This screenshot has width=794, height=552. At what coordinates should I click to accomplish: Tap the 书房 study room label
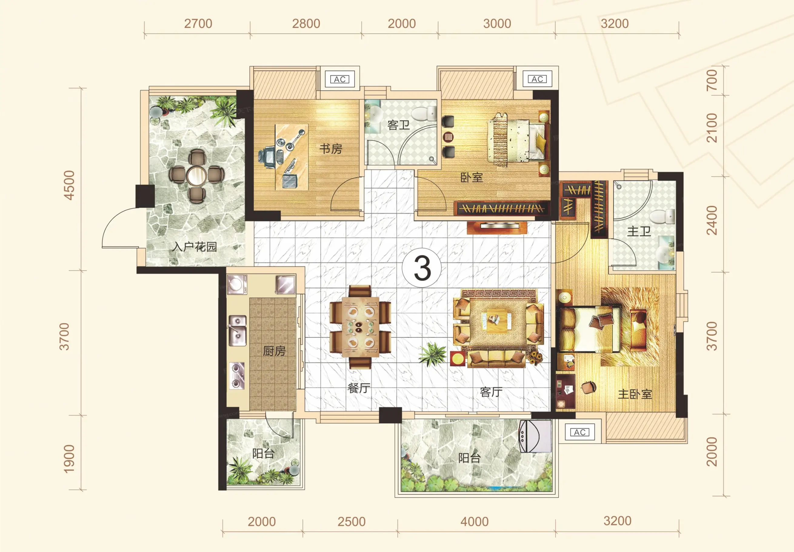(x=331, y=149)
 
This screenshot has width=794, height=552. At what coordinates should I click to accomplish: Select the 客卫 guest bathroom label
(x=399, y=125)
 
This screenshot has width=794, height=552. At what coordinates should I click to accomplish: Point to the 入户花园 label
(x=195, y=247)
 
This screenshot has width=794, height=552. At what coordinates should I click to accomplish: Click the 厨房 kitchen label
(x=274, y=351)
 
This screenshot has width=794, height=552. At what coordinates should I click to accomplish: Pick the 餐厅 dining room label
(x=359, y=388)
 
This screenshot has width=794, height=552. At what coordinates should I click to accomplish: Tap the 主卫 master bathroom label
(x=639, y=231)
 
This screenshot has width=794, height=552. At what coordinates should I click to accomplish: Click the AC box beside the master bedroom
(x=580, y=432)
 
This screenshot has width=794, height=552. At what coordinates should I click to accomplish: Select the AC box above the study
(x=340, y=79)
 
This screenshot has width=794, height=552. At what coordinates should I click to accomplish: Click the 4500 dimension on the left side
(x=69, y=185)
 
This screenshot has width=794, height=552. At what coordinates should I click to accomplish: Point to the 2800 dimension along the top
(x=306, y=24)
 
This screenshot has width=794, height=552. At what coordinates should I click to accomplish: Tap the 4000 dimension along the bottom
(x=474, y=522)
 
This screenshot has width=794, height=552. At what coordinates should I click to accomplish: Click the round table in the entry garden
(x=197, y=176)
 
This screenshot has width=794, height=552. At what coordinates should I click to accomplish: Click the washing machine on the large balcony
(x=535, y=436)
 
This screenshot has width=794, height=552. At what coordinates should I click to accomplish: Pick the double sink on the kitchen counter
(x=237, y=331)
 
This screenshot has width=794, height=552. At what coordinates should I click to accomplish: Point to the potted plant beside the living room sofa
(x=432, y=354)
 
